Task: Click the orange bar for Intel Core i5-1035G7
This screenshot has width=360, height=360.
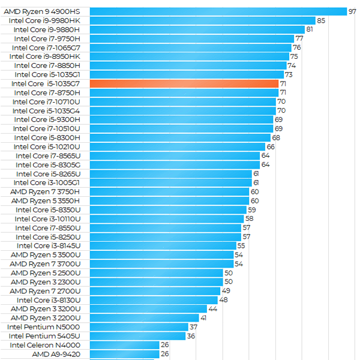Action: (x=184, y=84)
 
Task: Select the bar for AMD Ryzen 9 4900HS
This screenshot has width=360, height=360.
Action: (x=218, y=11)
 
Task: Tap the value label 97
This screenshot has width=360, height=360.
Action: (x=353, y=11)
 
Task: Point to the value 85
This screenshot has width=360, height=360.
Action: (x=321, y=20)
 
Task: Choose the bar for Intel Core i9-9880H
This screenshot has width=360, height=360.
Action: (x=197, y=29)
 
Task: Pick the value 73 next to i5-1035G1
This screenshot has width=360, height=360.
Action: (x=289, y=75)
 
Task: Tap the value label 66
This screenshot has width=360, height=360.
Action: (x=271, y=147)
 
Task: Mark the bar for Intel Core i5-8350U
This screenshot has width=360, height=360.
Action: (x=168, y=210)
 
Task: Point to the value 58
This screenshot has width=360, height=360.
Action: (x=249, y=219)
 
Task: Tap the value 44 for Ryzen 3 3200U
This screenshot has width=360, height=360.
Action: (x=212, y=309)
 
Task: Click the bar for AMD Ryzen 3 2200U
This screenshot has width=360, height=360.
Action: (x=144, y=318)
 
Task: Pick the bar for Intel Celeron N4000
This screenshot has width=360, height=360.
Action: (x=124, y=345)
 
